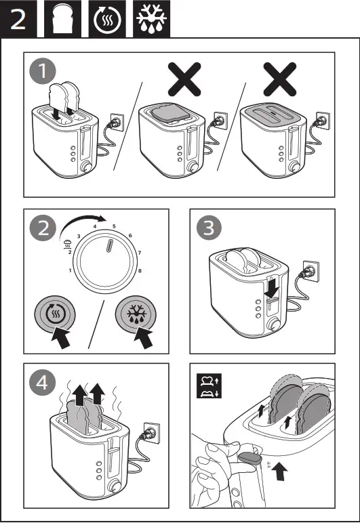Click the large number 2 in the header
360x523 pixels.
point(18,18)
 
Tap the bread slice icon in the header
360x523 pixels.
point(64,18)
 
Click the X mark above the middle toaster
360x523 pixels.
point(184,80)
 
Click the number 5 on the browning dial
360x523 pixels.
point(114,226)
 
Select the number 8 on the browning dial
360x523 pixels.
point(140,270)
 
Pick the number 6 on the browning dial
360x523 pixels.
point(129,236)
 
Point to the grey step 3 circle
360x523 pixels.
point(207,228)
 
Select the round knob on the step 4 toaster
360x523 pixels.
point(112,485)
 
